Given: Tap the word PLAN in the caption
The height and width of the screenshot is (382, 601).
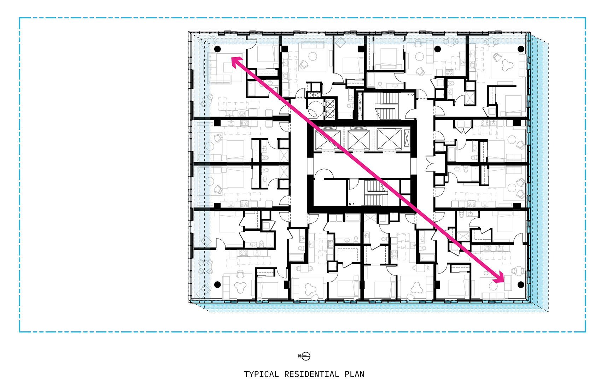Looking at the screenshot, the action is click(x=355, y=374).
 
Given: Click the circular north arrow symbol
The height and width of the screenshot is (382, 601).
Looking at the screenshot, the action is click(x=306, y=356).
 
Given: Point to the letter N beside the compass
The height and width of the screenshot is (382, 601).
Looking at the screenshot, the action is click(x=299, y=356).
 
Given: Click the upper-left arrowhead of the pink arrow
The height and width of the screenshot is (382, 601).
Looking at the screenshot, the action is click(x=236, y=62).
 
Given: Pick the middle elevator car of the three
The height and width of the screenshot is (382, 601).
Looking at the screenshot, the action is click(x=359, y=140).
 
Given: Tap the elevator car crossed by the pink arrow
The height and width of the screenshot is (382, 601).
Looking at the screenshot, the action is click(x=328, y=140).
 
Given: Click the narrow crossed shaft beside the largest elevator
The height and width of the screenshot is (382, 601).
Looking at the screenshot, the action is click(x=407, y=138).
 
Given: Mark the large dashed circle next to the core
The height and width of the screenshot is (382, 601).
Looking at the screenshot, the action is click(x=315, y=108).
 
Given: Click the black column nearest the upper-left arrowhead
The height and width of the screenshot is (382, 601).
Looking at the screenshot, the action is click(x=217, y=49).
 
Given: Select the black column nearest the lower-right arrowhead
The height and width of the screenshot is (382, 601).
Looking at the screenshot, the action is click(x=521, y=284).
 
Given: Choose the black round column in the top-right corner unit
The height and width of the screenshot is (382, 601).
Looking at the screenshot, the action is click(x=521, y=49).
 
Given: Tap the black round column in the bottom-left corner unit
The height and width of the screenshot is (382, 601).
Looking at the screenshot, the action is click(x=217, y=284).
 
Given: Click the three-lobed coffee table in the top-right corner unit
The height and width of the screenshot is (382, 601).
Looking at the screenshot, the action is click(x=507, y=65).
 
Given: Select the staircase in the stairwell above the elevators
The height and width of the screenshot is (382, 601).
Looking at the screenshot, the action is click(x=386, y=106).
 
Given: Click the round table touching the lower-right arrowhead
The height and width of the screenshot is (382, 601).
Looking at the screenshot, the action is click(x=493, y=286).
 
